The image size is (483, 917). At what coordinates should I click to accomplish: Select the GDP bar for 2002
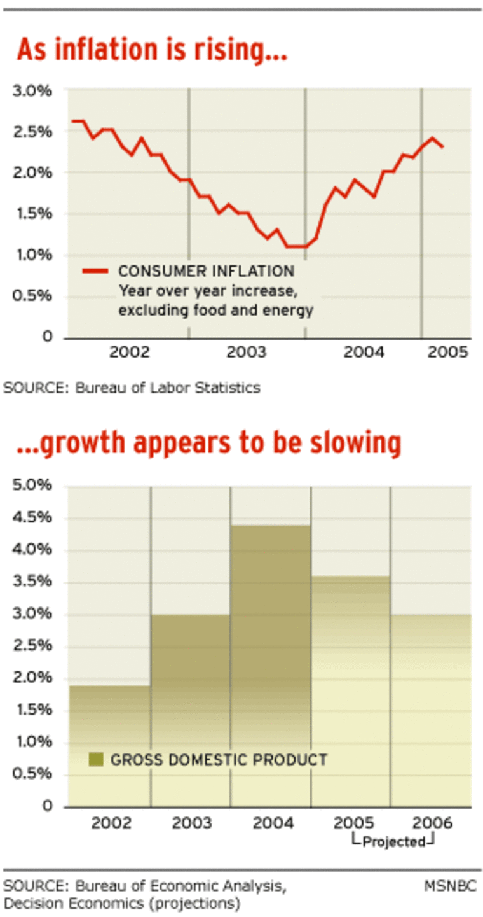pyautogui.click(x=109, y=745)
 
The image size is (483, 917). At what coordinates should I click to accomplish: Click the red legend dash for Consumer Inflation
pyautogui.click(x=96, y=271)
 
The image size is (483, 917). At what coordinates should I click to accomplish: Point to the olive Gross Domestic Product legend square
pyautogui.click(x=96, y=759)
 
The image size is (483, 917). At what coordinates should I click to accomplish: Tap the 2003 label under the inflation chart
pyautogui.click(x=247, y=352)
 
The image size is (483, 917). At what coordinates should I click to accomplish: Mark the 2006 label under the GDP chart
pyautogui.click(x=432, y=823)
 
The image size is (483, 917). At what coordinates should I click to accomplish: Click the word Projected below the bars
pyautogui.click(x=393, y=842)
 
